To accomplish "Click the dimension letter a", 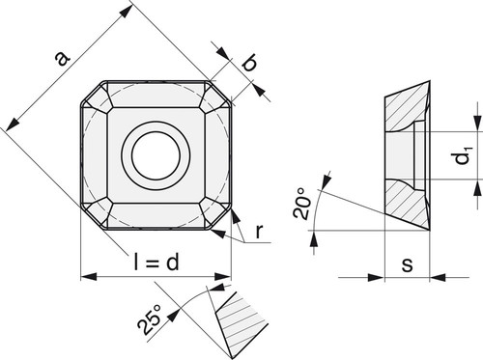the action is [63, 59].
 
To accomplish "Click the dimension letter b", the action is [249, 63].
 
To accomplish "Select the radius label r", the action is [259, 232].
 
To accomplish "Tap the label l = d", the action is [156, 262].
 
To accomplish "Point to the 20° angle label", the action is [302, 204].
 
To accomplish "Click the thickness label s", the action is [407, 264].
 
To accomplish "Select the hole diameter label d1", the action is [464, 155].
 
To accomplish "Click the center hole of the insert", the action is [156, 155].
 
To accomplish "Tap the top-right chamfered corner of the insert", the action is [220, 93].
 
